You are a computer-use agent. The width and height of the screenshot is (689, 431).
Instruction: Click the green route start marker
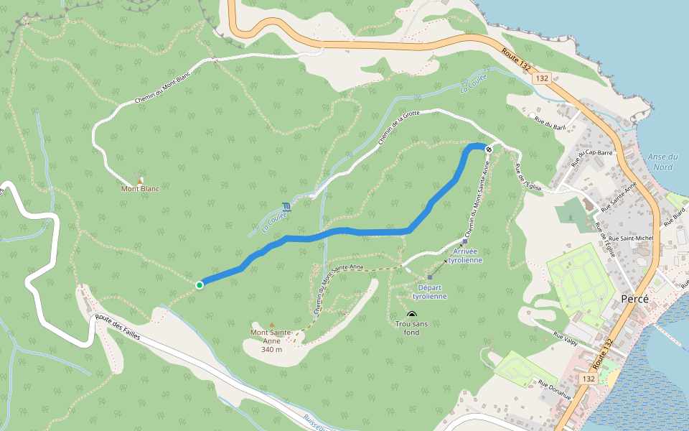[200, 285]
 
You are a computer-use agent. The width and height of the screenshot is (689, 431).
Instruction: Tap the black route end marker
[489, 149]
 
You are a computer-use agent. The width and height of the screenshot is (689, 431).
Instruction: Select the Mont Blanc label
[140, 189]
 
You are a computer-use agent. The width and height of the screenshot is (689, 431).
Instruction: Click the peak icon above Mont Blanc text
[140, 180]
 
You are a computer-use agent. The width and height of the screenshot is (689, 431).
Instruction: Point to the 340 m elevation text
[271, 349]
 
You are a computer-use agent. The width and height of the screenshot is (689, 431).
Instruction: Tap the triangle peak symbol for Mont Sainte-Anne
[271, 325]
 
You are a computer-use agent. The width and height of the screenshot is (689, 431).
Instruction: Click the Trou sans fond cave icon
[411, 314]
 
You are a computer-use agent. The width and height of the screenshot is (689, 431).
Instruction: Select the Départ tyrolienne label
[429, 292]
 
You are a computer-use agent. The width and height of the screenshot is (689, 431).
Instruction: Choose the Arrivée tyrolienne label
[465, 256]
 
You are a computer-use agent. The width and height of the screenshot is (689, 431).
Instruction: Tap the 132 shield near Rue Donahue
[589, 379]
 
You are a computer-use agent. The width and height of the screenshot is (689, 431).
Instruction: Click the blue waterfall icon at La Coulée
[287, 207]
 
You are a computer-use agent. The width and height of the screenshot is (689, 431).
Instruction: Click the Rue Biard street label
[675, 217]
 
